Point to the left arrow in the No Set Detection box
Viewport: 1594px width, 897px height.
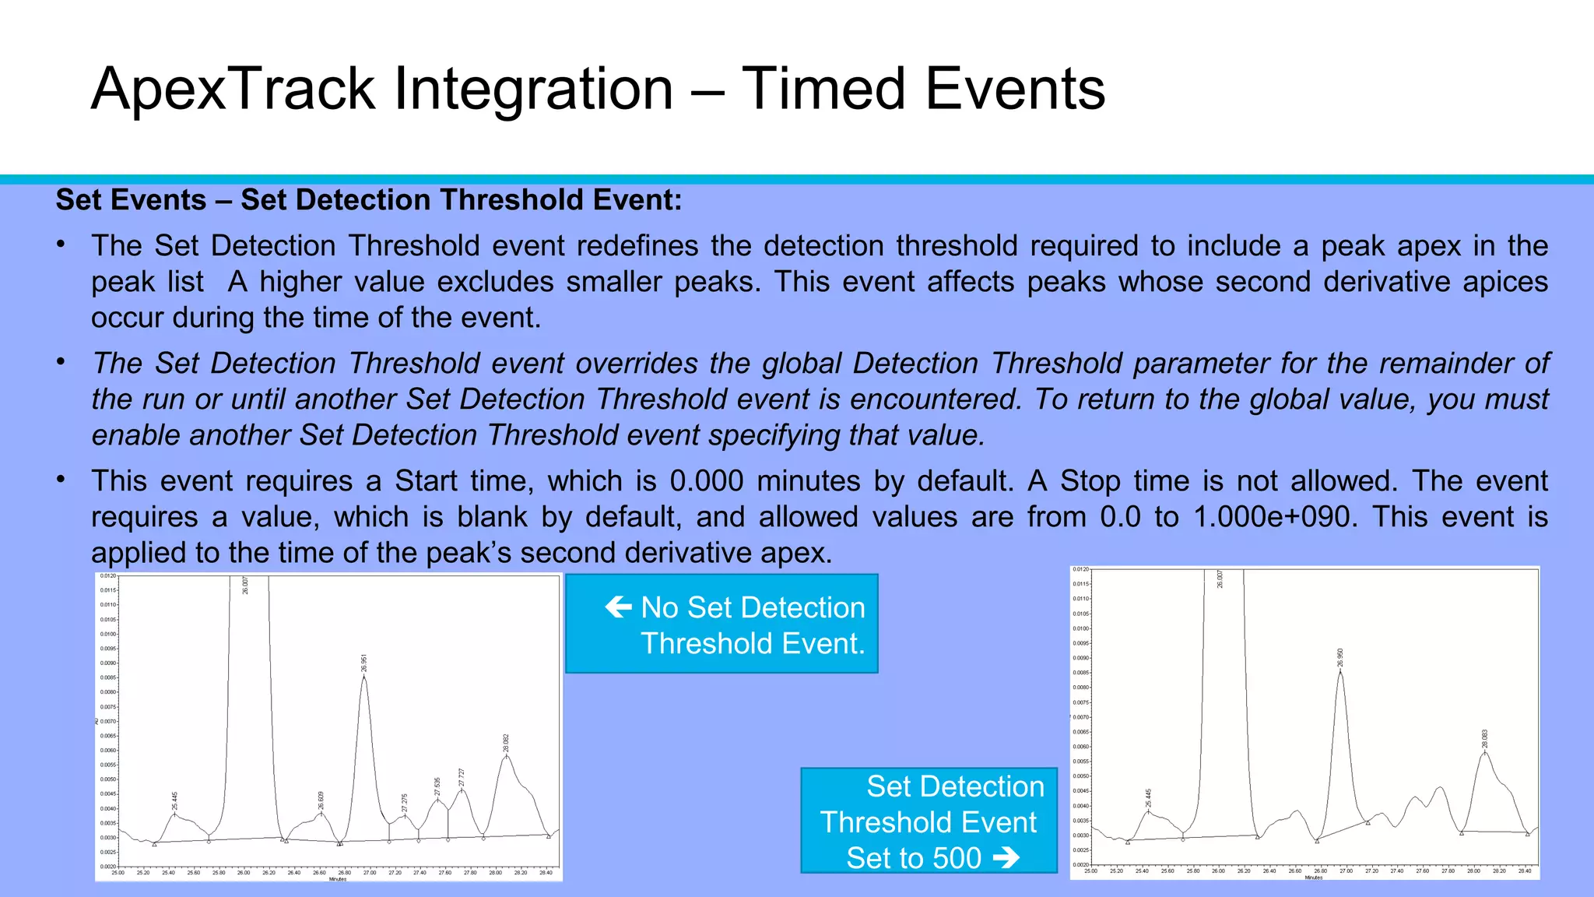619,607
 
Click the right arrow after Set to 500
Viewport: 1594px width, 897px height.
1006,858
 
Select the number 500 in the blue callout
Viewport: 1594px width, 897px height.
957,858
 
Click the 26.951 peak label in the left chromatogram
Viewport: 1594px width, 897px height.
364,663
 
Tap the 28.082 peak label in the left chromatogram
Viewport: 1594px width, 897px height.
506,743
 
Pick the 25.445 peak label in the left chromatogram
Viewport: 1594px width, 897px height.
175,800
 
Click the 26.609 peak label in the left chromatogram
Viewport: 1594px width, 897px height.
321,800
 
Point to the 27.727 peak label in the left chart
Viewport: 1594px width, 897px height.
462,777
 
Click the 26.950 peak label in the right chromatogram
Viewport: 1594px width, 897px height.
1340,658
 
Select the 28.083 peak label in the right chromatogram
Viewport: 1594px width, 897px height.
1485,739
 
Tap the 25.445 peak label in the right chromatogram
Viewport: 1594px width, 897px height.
1148,797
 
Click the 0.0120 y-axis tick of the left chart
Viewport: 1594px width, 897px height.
108,576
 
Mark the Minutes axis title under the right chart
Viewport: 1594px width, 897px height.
1314,878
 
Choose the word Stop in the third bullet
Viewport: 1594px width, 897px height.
1089,481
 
